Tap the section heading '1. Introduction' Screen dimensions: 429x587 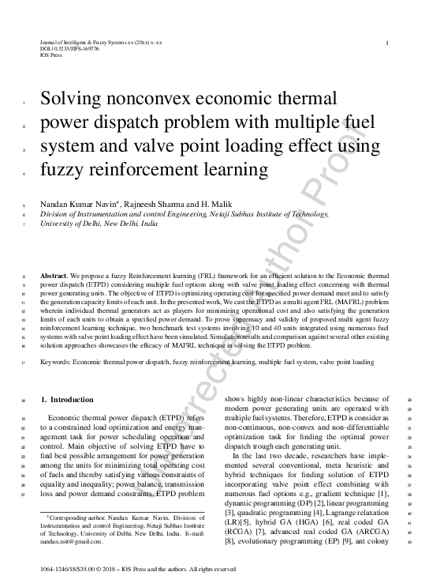tap(66, 401)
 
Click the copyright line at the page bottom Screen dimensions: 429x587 tap(136, 569)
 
